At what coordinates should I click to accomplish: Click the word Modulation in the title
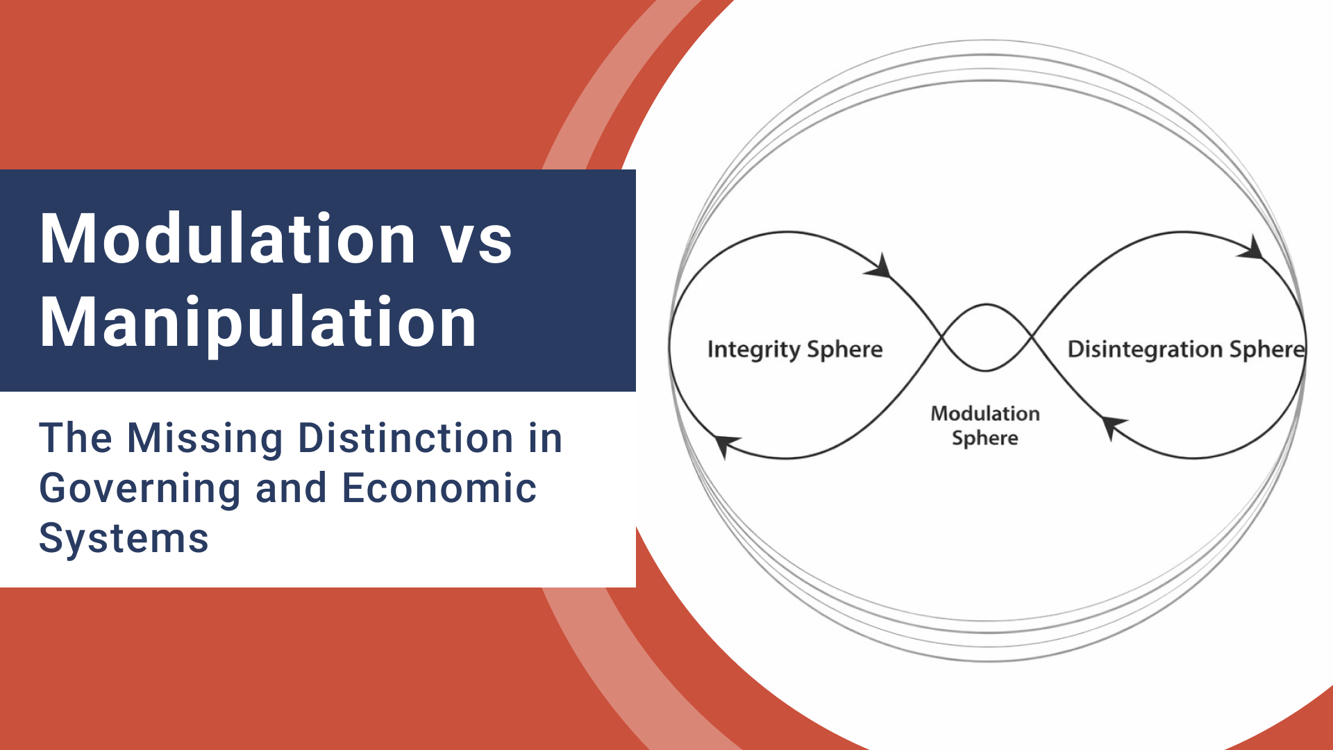228,240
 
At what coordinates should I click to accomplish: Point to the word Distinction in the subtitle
405,439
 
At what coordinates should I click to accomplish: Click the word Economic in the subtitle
439,488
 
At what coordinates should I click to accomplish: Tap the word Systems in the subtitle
124,538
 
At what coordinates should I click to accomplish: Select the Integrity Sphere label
795,349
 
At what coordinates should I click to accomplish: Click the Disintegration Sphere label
1186,349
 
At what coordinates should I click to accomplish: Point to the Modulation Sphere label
985,426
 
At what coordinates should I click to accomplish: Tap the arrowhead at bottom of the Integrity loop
726,444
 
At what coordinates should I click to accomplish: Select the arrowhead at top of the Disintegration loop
1252,249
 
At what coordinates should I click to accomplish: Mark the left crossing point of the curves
942,338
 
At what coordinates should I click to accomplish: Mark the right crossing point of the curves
1032,338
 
